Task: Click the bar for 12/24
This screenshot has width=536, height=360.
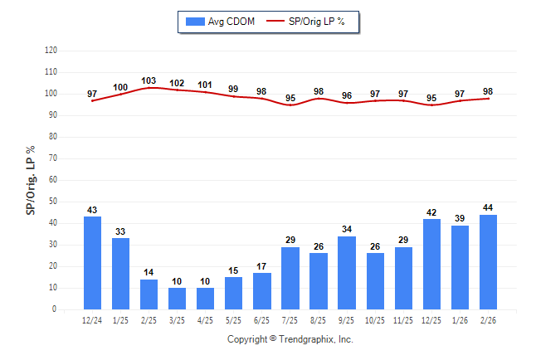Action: pos(92,263)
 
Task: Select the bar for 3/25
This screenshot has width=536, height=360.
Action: pos(177,299)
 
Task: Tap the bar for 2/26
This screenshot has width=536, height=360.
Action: pos(487,262)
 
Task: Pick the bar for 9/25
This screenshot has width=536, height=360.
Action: pos(346,273)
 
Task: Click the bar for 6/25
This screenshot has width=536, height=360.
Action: pos(261,291)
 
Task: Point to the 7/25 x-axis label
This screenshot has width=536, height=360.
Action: pos(290,320)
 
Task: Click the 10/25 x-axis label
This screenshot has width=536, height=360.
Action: pos(374,320)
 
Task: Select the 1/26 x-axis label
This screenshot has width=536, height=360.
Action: pos(459,320)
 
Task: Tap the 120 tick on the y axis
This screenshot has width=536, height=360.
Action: pos(51,51)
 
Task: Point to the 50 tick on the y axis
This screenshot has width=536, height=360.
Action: pos(53,202)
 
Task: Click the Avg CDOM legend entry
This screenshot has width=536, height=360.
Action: pos(221,21)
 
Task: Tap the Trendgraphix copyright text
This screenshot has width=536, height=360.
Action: pos(290,339)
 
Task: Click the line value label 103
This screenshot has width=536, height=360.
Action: pos(149,80)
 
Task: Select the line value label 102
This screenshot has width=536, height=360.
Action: pos(177,83)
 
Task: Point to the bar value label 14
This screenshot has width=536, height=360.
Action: pos(149,272)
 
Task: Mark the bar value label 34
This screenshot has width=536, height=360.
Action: pos(346,229)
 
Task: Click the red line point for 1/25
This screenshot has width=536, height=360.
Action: pos(120,94)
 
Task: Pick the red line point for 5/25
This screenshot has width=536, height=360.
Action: pos(233,96)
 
